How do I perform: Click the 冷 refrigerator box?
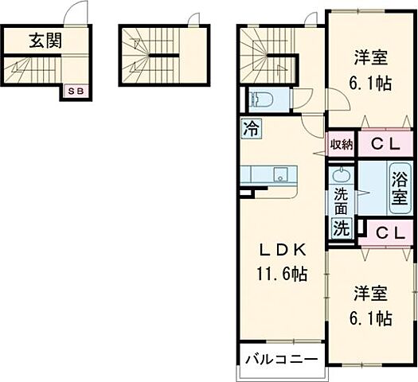click(x=251, y=127)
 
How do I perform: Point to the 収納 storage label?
click(x=342, y=144)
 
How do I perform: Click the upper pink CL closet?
click(x=385, y=144)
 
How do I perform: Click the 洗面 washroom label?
click(x=341, y=201)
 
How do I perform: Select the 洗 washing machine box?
click(x=341, y=228)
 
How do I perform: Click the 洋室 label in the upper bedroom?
click(x=372, y=57)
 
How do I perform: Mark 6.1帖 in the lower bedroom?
click(x=372, y=318)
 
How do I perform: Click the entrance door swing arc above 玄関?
click(x=75, y=14)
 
